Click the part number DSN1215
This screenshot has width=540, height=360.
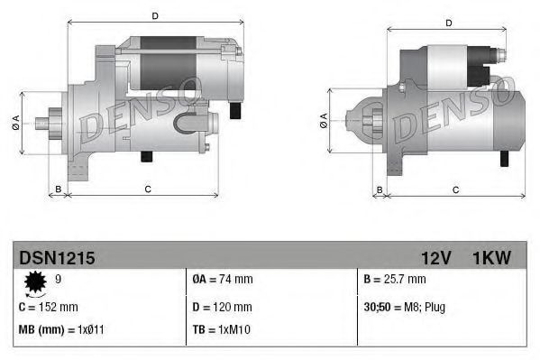[56, 258]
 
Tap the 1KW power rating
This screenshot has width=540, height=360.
[491, 258]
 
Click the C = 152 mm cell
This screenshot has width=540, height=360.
[49, 307]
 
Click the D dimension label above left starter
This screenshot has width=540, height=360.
[154, 15]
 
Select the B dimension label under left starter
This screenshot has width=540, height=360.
[58, 189]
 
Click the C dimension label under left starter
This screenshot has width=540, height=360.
[147, 189]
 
